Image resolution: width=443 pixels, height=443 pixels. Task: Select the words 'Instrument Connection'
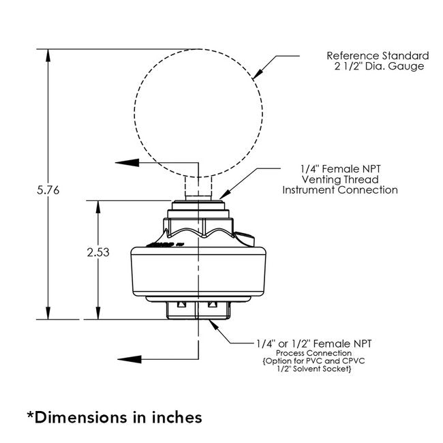pyautogui.click(x=339, y=189)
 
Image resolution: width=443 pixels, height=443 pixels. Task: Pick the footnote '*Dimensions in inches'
pyautogui.click(x=114, y=415)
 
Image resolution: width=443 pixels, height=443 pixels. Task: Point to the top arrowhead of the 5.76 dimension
pyautogui.click(x=48, y=53)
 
